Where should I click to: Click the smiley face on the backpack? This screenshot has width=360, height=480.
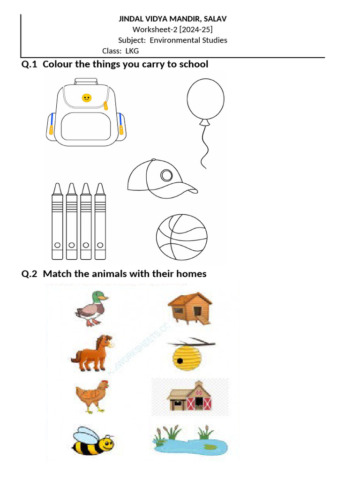click(x=86, y=97)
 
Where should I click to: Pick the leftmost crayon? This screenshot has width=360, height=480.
click(x=57, y=222)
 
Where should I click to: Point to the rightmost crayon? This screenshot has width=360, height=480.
click(x=100, y=222)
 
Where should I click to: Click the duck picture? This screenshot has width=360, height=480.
click(x=91, y=307)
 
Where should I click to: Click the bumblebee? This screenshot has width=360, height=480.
click(x=93, y=441)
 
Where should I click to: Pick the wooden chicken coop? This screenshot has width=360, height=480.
click(x=190, y=307)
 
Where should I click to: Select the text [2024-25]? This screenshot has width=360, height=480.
click(x=190, y=30)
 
